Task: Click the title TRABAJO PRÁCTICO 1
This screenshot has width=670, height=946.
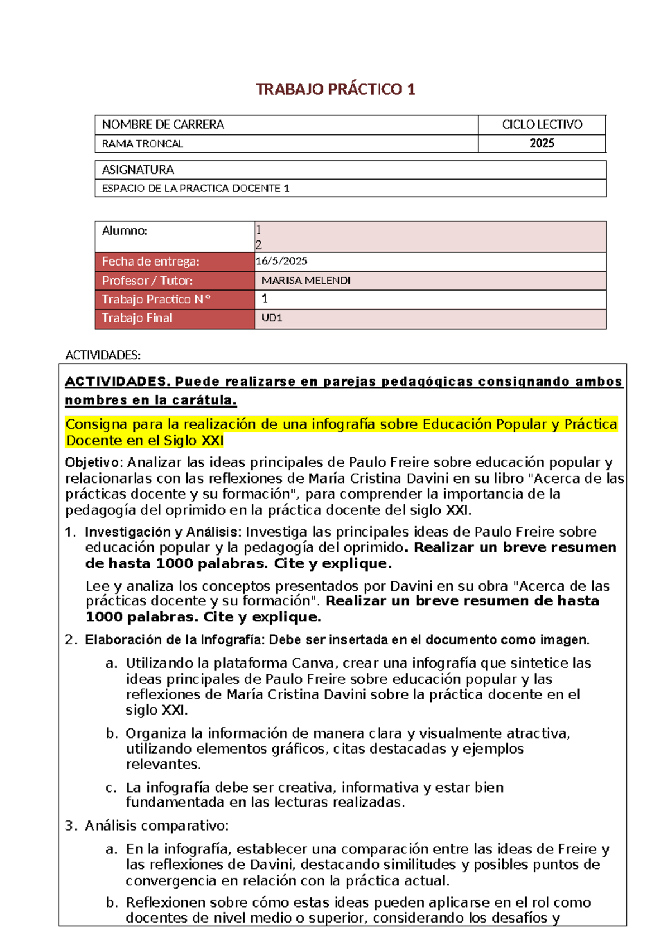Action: coord(335,89)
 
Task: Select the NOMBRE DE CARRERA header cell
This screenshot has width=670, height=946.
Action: coord(163,124)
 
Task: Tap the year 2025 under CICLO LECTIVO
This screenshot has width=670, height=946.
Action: coord(542,143)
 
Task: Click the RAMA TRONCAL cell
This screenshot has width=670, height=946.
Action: coord(142,144)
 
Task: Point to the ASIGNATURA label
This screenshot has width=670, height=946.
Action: coord(138,170)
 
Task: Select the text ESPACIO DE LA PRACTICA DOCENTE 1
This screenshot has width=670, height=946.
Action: coord(195,189)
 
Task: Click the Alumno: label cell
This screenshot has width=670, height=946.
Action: coord(125,231)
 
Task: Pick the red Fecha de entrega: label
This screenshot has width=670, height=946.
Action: coord(150,262)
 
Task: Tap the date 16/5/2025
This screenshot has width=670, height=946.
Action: coord(281,261)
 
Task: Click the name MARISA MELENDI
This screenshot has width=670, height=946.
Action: coord(306,281)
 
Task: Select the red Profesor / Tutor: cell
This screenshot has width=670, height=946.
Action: coord(147,281)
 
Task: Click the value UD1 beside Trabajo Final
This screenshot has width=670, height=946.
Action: coord(272,318)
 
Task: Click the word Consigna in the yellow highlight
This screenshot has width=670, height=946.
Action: coord(97,424)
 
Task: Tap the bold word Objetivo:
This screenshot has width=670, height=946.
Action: coord(94,462)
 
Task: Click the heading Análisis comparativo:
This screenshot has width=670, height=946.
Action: coord(156,826)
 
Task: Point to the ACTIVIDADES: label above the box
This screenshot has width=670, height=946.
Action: coord(103,355)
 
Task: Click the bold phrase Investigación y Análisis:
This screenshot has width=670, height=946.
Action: coord(163,532)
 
